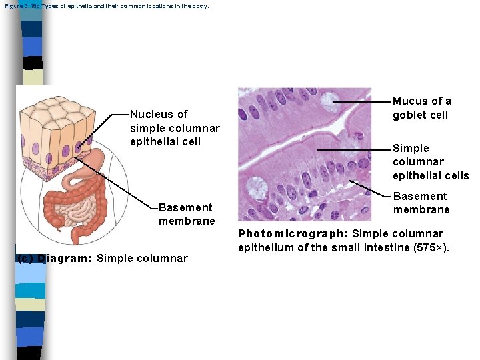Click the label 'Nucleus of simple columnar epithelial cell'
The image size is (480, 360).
(175, 127)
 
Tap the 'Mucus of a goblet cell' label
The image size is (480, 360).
(421, 108)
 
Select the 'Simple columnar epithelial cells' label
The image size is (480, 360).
(430, 161)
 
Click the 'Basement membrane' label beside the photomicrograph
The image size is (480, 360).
(421, 203)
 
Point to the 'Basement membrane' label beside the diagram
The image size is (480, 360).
(187, 214)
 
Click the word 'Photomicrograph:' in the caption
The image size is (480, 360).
(293, 234)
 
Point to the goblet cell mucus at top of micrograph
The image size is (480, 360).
(329, 101)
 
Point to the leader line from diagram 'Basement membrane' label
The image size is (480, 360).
(120, 187)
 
